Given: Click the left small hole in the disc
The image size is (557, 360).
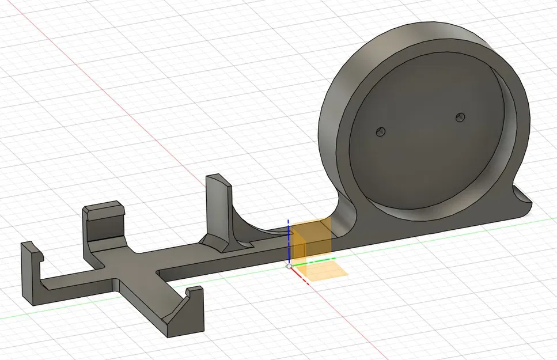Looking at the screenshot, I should click(379, 132).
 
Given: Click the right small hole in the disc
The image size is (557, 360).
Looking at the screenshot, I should click(459, 117).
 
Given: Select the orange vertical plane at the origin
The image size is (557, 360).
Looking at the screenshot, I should click(311, 238).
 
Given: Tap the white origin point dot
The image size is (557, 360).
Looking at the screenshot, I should click(289, 266).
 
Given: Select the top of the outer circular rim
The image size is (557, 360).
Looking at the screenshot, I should click(403, 35).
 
